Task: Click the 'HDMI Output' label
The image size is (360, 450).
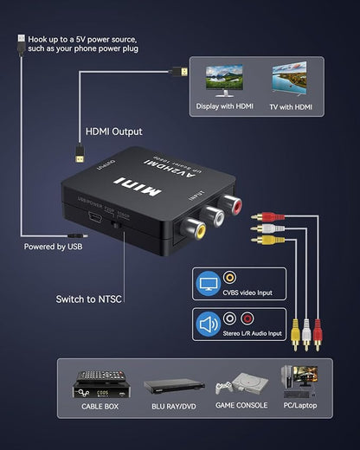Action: [x=113, y=132]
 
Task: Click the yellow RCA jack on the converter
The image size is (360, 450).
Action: [x=198, y=229]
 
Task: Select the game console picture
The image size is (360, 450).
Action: [x=235, y=385]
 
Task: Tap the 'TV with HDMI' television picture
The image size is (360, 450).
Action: [x=291, y=80]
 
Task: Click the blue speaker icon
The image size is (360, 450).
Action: [x=209, y=325]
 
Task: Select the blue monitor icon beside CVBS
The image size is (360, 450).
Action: [x=209, y=283]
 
